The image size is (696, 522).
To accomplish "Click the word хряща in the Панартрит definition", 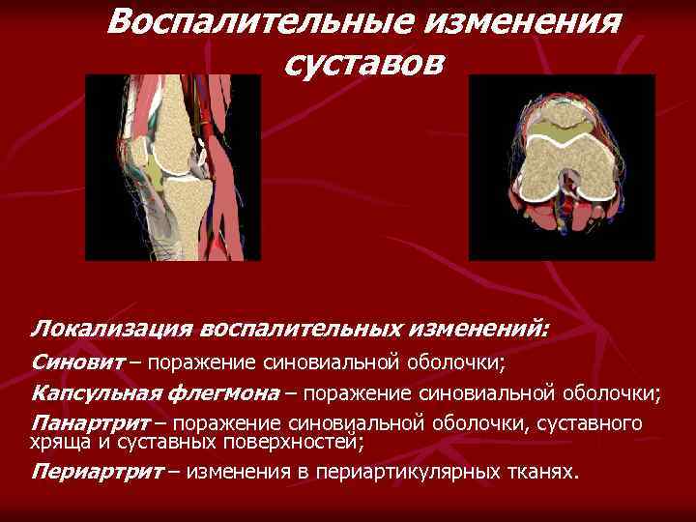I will click(55, 443).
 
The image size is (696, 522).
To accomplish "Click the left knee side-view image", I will click(172, 167).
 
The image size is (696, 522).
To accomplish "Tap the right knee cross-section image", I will click(562, 166).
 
